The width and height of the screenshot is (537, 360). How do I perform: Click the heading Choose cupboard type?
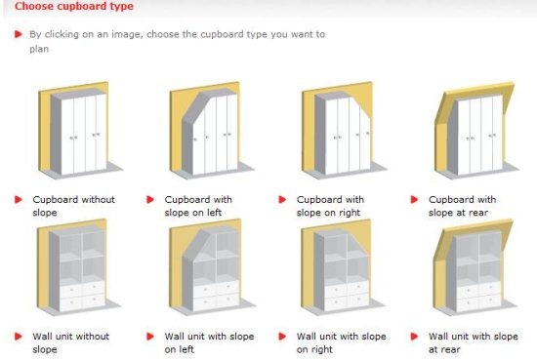74,6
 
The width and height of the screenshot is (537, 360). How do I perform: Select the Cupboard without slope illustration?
80,130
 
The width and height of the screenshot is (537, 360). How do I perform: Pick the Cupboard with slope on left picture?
212,130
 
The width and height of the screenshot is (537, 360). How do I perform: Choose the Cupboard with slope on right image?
344,130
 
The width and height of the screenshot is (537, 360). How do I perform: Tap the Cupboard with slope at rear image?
476,130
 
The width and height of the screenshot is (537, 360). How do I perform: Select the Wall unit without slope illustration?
79,267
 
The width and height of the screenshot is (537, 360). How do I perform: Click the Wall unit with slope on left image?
212,267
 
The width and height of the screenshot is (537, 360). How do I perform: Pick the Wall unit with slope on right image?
344,267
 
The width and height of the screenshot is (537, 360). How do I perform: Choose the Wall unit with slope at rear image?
475,267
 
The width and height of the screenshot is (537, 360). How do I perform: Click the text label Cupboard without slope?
73,206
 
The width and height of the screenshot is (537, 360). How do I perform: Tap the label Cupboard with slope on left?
198,206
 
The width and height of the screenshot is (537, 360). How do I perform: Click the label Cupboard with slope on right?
330,206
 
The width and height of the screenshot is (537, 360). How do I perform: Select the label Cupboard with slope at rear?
463,206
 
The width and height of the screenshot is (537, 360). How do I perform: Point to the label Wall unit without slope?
71,342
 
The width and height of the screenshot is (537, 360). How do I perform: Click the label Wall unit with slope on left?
209,342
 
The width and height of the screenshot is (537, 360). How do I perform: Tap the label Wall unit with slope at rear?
474,342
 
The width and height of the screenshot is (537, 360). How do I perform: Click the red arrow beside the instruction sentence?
19,34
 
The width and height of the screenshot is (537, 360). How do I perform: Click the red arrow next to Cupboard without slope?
19,199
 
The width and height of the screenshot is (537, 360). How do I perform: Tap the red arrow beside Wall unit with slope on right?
282,337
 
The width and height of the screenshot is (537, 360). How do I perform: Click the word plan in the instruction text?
39,50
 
